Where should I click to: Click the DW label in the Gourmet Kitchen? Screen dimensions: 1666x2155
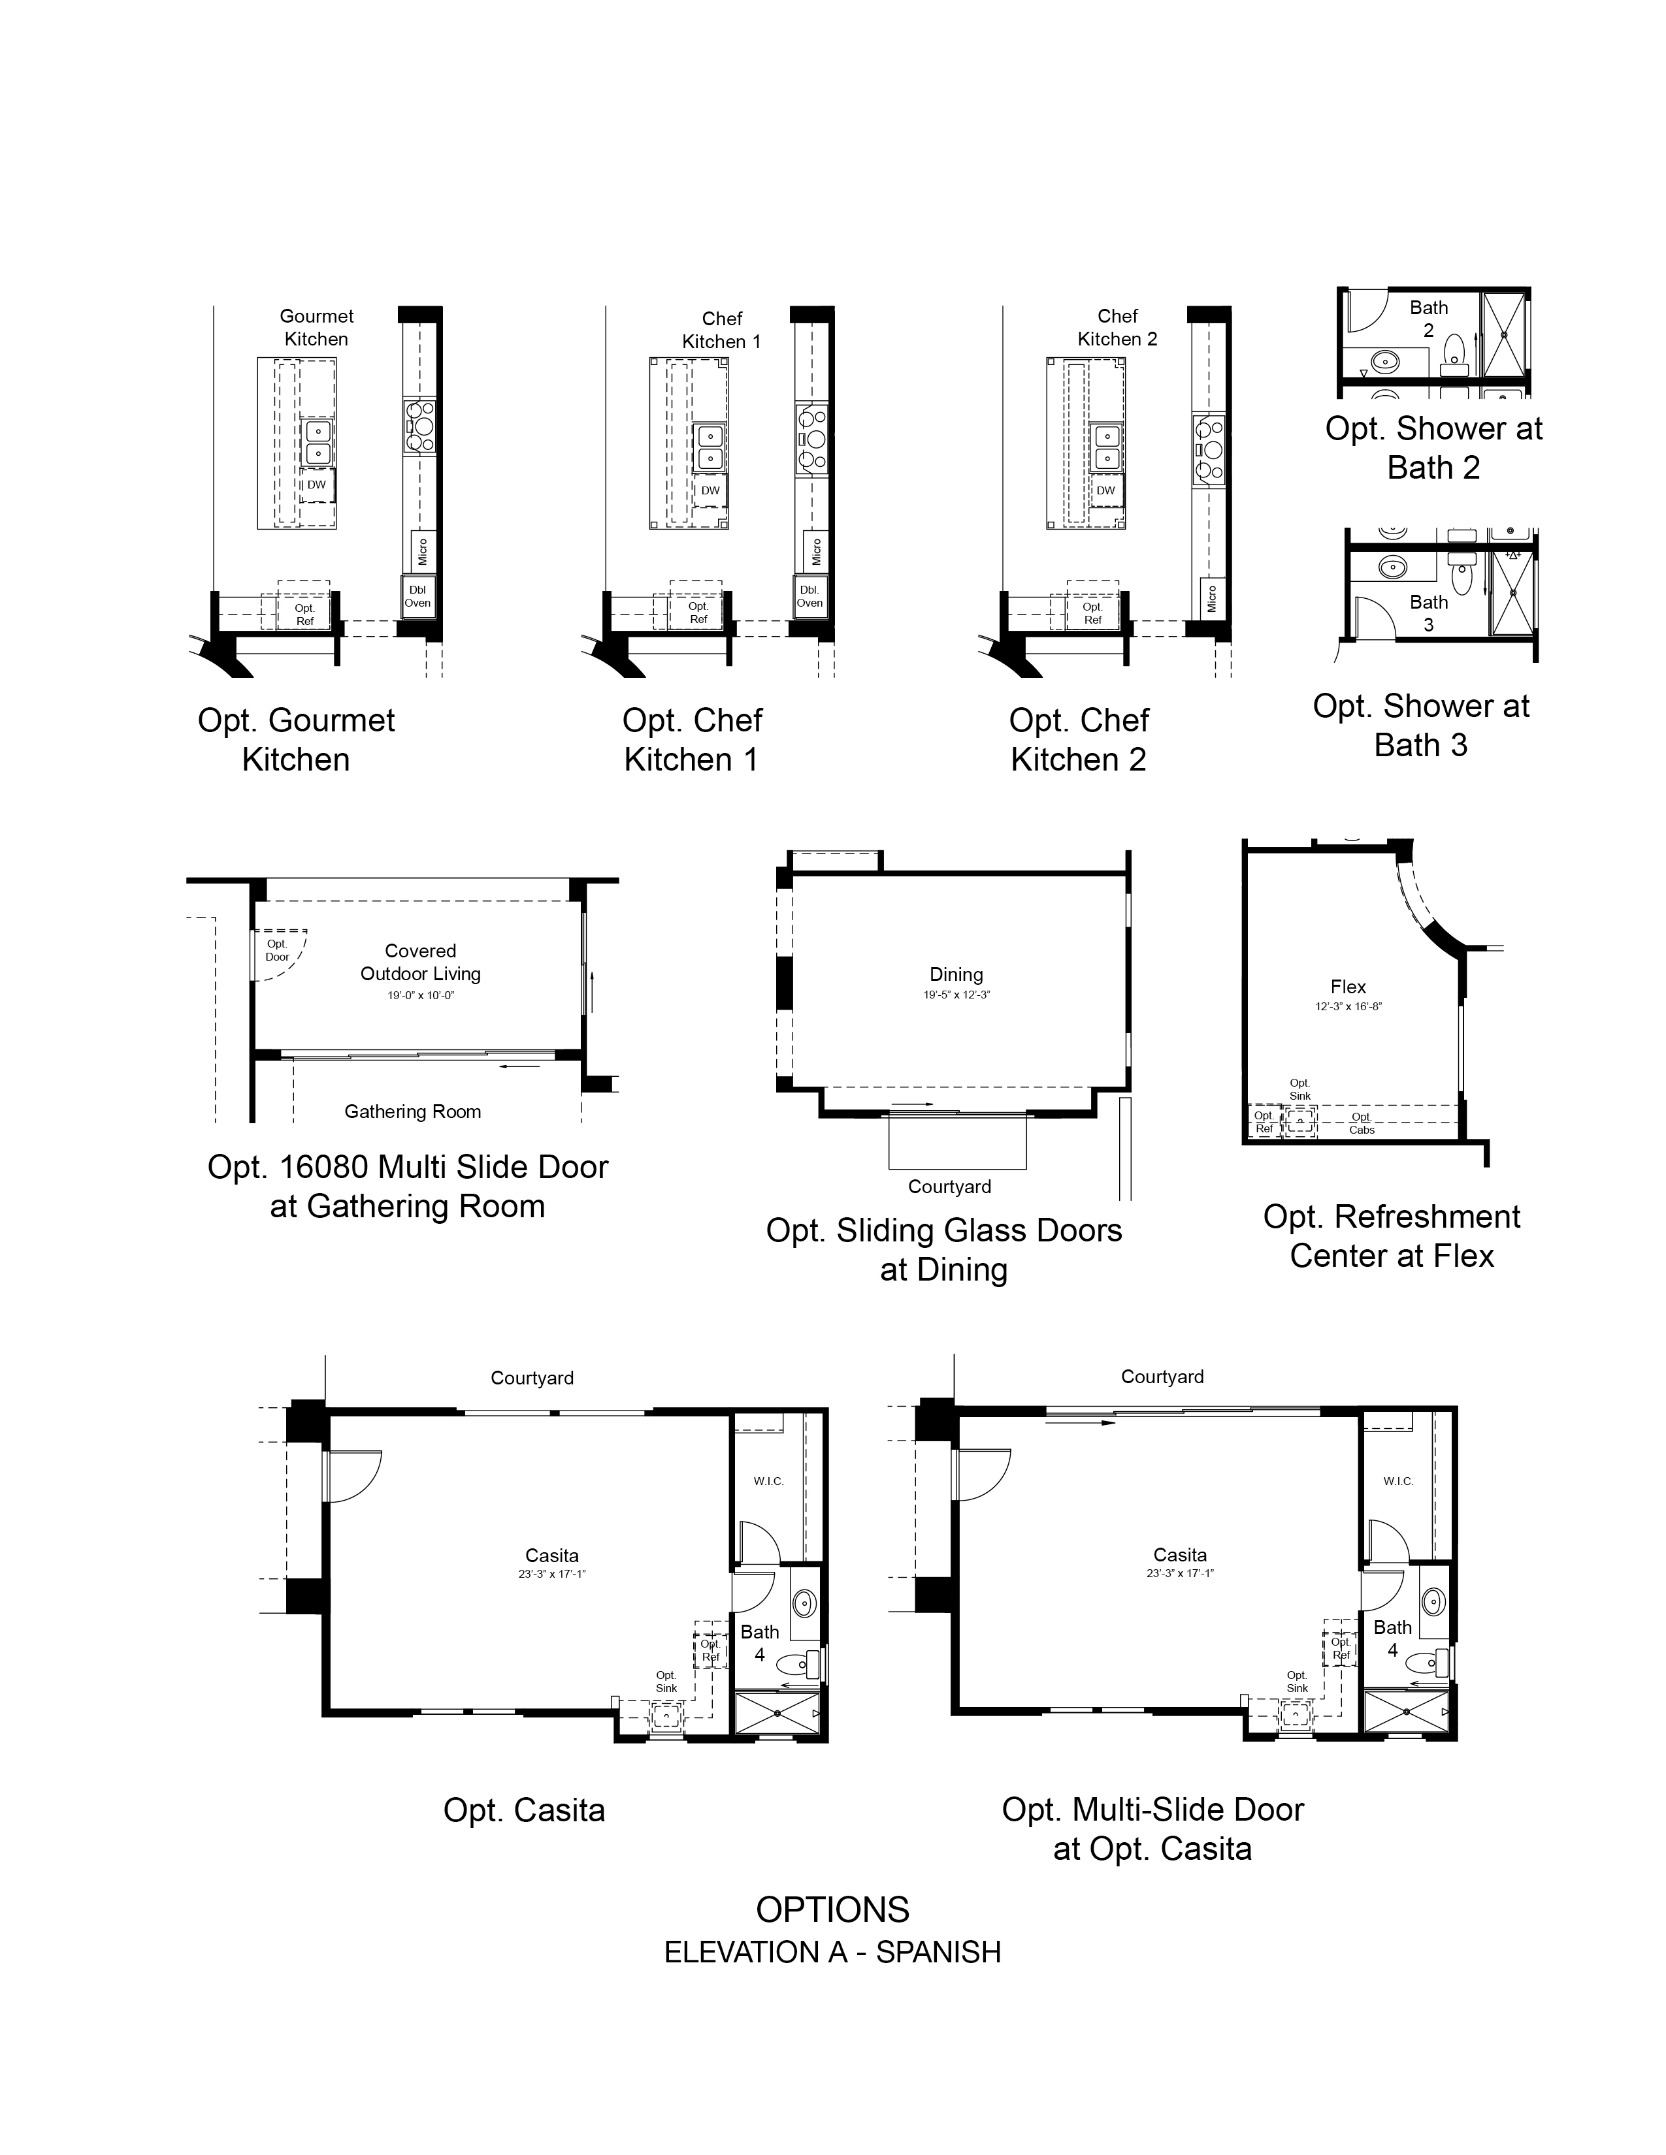(316, 485)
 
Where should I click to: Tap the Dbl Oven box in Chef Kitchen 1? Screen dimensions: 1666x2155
(809, 596)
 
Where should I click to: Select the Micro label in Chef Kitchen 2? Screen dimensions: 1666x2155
(1211, 598)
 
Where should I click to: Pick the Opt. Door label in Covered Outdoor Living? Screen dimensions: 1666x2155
(277, 950)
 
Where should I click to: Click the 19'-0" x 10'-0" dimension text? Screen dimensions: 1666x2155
(421, 996)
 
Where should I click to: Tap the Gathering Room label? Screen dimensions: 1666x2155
(412, 1112)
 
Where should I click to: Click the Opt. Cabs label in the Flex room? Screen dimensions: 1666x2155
(1362, 1124)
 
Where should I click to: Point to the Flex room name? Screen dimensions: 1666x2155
(1348, 987)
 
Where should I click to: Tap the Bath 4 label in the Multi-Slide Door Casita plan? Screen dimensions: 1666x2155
(1393, 1639)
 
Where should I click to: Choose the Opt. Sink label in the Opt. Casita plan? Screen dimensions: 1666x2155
(666, 1682)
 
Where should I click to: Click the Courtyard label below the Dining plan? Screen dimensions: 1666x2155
(949, 1187)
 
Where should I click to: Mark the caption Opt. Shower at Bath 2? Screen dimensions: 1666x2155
(1433, 448)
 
